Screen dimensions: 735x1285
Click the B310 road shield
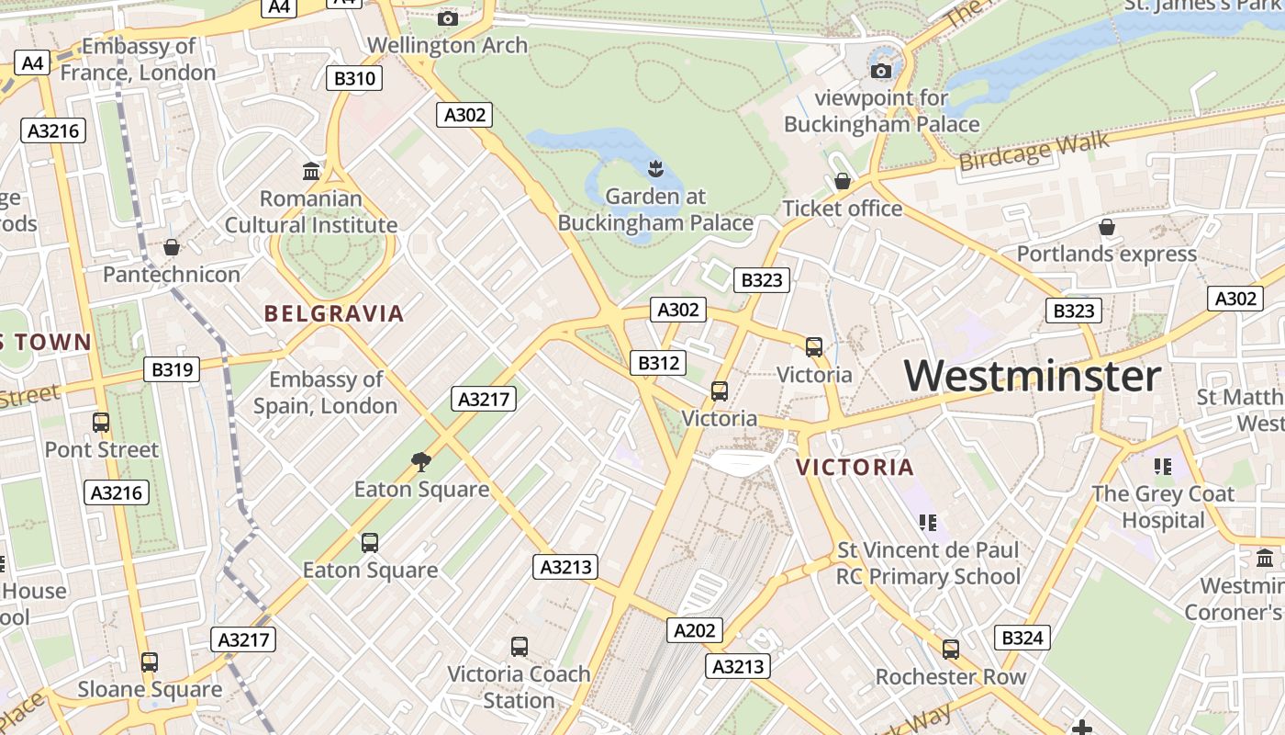354,78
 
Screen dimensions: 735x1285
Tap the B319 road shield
172,369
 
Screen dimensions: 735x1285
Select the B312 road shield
658,363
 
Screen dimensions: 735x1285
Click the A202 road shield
694,630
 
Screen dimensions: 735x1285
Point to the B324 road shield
1022,638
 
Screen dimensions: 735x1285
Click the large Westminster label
1033,377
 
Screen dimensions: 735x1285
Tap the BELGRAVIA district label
334,314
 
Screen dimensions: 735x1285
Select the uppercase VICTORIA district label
855,468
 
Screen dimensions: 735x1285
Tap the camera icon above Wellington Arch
448,18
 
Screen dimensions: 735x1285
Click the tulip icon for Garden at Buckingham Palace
656,169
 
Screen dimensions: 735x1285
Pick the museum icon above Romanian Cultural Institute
311,172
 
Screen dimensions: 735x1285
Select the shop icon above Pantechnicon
171,247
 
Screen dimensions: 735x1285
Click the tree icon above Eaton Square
421,461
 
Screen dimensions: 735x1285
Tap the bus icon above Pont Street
101,423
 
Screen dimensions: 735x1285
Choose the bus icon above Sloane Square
149,661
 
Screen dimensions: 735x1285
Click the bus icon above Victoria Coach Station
520,646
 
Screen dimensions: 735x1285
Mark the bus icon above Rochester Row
951,650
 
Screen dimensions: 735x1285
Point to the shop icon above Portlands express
1107,226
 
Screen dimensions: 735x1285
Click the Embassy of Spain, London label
326,392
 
